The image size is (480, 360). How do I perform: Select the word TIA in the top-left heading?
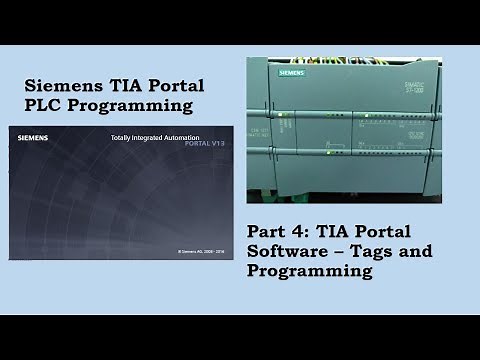(x=125, y=85)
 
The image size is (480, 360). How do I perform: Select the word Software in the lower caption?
(x=287, y=250)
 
